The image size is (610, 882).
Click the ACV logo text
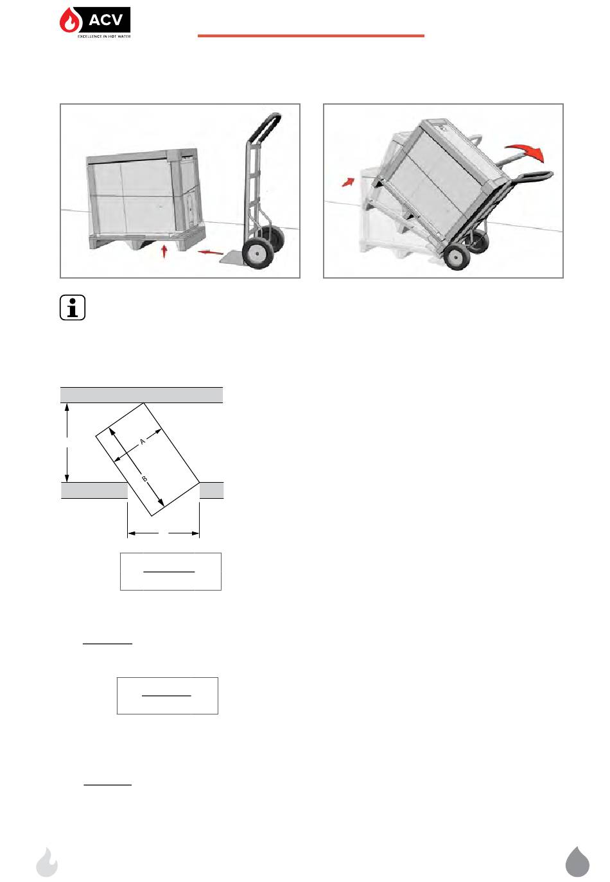pos(105,19)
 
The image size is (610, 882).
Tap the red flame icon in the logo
pos(69,21)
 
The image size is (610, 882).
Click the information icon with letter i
pos(73,307)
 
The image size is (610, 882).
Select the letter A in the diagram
pos(143,442)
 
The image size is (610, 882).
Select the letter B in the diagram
pos(144,479)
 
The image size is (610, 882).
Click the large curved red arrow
pos(525,152)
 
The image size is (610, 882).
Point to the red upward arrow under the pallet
pos(164,251)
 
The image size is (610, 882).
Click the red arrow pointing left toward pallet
pos(211,252)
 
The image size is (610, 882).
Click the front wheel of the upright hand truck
pos(257,254)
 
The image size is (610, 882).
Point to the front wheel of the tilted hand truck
pos(456,257)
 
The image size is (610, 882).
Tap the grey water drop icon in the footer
pos(577,861)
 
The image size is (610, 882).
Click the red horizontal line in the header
pos(311,36)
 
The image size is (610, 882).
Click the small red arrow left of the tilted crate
pos(348,182)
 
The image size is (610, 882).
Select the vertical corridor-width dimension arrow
pos(67,442)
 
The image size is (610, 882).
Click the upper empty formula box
pos(171,571)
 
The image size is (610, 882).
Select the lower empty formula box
pos(168,696)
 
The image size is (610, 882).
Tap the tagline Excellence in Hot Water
pos(104,36)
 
